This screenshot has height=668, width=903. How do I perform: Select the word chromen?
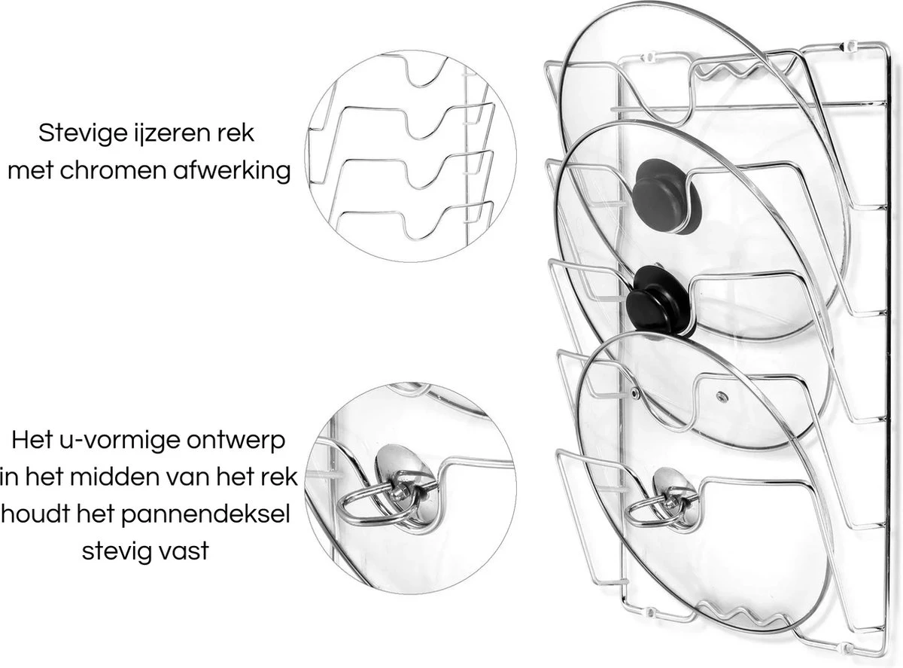(116, 170)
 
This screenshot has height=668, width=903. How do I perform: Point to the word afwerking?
(232, 170)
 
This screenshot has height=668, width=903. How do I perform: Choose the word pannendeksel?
(205, 514)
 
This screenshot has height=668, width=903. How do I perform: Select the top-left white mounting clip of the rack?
(649, 56)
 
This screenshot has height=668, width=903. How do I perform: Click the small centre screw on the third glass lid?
(721, 395)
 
